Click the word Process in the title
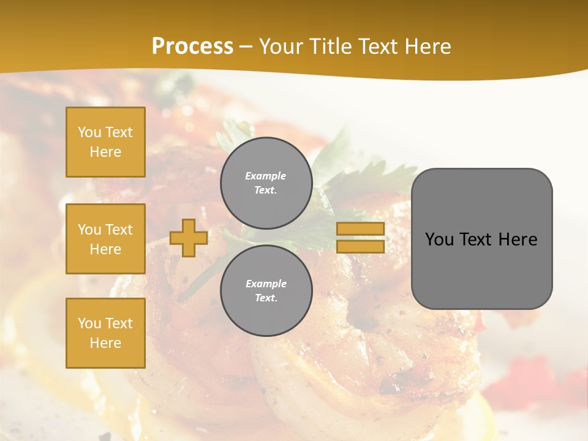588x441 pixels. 192,47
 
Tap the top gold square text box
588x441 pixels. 105,142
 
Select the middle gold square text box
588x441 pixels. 105,239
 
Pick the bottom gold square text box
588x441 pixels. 105,333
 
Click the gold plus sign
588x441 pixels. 188,238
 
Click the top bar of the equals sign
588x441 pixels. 360,229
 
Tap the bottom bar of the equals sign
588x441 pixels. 360,246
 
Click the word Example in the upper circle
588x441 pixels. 265,176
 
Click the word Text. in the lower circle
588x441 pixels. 266,298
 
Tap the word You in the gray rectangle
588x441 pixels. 439,239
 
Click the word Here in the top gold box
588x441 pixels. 105,152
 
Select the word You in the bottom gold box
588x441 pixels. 89,323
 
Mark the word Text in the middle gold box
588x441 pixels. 118,230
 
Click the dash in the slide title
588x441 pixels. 246,47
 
